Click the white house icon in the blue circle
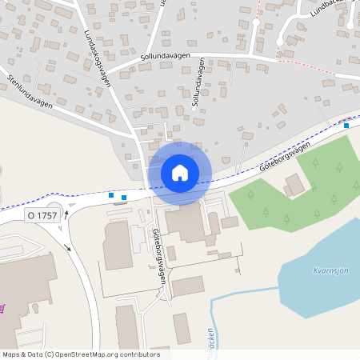[x=180, y=172]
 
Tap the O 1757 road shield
[x=42, y=215]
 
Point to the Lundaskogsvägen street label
[x=98, y=53]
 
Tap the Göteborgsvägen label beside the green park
[x=284, y=157]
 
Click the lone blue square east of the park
[x=346, y=125]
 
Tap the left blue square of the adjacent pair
[x=110, y=194]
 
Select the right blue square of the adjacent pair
[x=123, y=197]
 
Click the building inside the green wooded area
[x=294, y=185]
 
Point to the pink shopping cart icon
[x=2, y=307]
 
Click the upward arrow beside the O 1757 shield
[x=67, y=214]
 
